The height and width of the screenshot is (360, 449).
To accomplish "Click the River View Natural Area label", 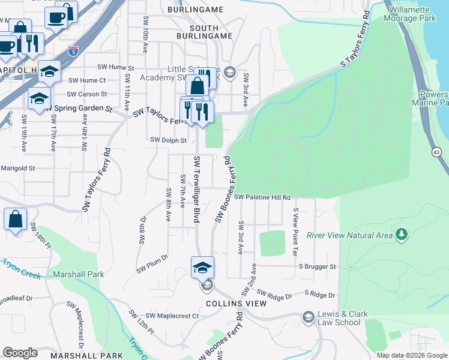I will pos(349,235).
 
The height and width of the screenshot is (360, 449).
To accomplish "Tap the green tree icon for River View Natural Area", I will pos(400,234).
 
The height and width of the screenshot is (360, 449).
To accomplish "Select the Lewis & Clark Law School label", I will pos(340,318).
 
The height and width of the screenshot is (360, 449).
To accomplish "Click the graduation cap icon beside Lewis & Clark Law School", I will pos(309,317).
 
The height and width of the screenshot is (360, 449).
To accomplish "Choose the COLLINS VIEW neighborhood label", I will pos(236,304).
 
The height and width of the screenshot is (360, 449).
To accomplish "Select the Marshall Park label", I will pos(78,274).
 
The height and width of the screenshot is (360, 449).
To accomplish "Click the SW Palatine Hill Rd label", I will pos(262,197).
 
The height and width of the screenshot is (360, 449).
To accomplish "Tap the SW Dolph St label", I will pos(169,140).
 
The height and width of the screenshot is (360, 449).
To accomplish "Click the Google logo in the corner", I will pos(20,353).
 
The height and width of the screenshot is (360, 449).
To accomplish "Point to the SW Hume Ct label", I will pos(87,80).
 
